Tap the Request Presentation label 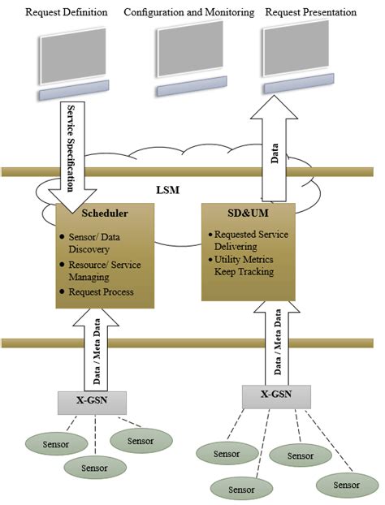(x=310, y=13)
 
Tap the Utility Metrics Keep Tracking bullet (x=250, y=265)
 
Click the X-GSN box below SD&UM (x=277, y=395)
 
